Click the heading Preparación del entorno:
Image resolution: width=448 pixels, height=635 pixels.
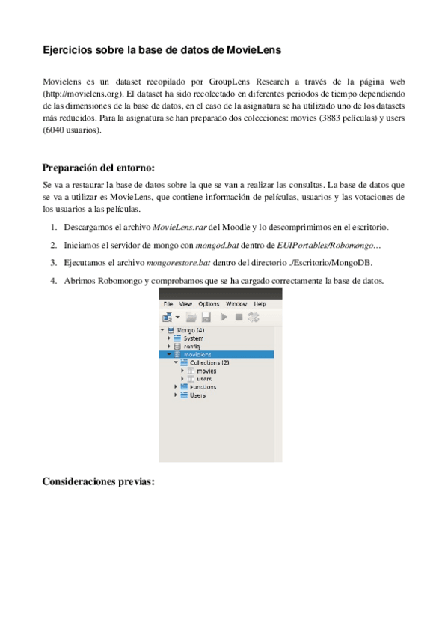(98, 167)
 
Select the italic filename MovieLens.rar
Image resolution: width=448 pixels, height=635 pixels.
(181, 226)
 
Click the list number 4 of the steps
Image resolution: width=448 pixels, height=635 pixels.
(54, 281)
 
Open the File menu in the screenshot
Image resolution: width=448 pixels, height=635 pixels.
(168, 304)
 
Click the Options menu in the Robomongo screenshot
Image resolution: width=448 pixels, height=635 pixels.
(209, 304)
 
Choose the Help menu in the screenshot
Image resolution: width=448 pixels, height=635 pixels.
(260, 304)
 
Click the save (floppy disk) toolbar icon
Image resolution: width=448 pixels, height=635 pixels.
(205, 317)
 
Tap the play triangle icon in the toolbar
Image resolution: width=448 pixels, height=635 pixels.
(224, 317)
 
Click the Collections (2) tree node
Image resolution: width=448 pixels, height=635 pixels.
(205, 362)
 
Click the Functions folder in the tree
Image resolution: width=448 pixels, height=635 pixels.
(203, 386)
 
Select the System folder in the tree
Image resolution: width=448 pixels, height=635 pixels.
(193, 338)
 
